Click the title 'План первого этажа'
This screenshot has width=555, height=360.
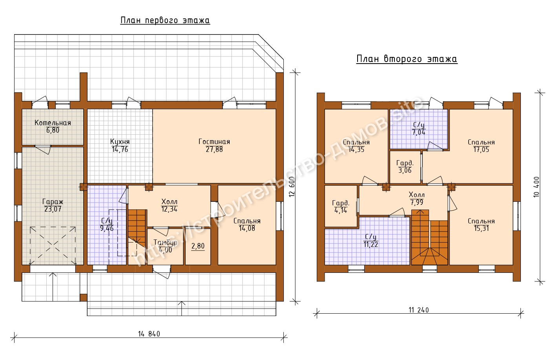pos(165,20)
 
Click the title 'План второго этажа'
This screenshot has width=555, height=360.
pos(407,59)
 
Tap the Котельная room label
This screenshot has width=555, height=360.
pos(53,122)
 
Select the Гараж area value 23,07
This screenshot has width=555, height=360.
pos(53,209)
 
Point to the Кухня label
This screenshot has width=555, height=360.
pos(120,142)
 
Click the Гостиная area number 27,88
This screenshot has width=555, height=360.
pos(214,150)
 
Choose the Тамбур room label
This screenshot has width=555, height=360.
pos(166,242)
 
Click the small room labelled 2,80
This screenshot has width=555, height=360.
pos(198,246)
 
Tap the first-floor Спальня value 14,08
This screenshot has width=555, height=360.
pos(247,228)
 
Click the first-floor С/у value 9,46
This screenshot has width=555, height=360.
pos(107,228)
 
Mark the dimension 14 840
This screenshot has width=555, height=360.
pos(149,334)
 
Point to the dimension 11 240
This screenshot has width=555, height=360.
pos(419,310)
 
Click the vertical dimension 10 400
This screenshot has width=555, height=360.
pos(537,187)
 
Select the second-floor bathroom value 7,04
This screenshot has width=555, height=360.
pos(419,132)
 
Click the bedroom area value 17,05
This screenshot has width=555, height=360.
pos(482,150)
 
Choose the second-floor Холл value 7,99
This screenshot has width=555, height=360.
pos(417,203)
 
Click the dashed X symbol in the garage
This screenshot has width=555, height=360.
pos(53,245)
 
